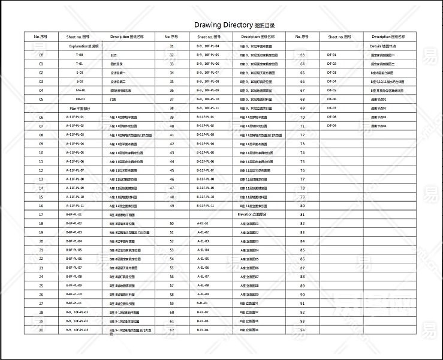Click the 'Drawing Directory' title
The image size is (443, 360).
click(223, 25)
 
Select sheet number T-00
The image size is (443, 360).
click(79, 55)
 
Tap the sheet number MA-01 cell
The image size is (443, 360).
click(79, 90)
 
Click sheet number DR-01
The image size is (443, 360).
click(79, 99)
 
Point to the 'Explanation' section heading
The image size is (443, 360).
click(84, 46)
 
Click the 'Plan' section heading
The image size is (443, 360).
click(79, 108)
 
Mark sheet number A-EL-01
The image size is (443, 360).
click(203, 223)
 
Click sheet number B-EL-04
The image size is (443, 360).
click(203, 329)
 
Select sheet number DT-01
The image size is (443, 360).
click(332, 55)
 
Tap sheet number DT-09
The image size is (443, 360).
click(332, 125)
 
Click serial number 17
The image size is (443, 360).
click(41, 214)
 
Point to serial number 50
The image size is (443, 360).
click(171, 223)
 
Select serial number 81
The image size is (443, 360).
click(302, 214)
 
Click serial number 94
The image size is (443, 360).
click(302, 329)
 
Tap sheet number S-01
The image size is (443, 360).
click(79, 73)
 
